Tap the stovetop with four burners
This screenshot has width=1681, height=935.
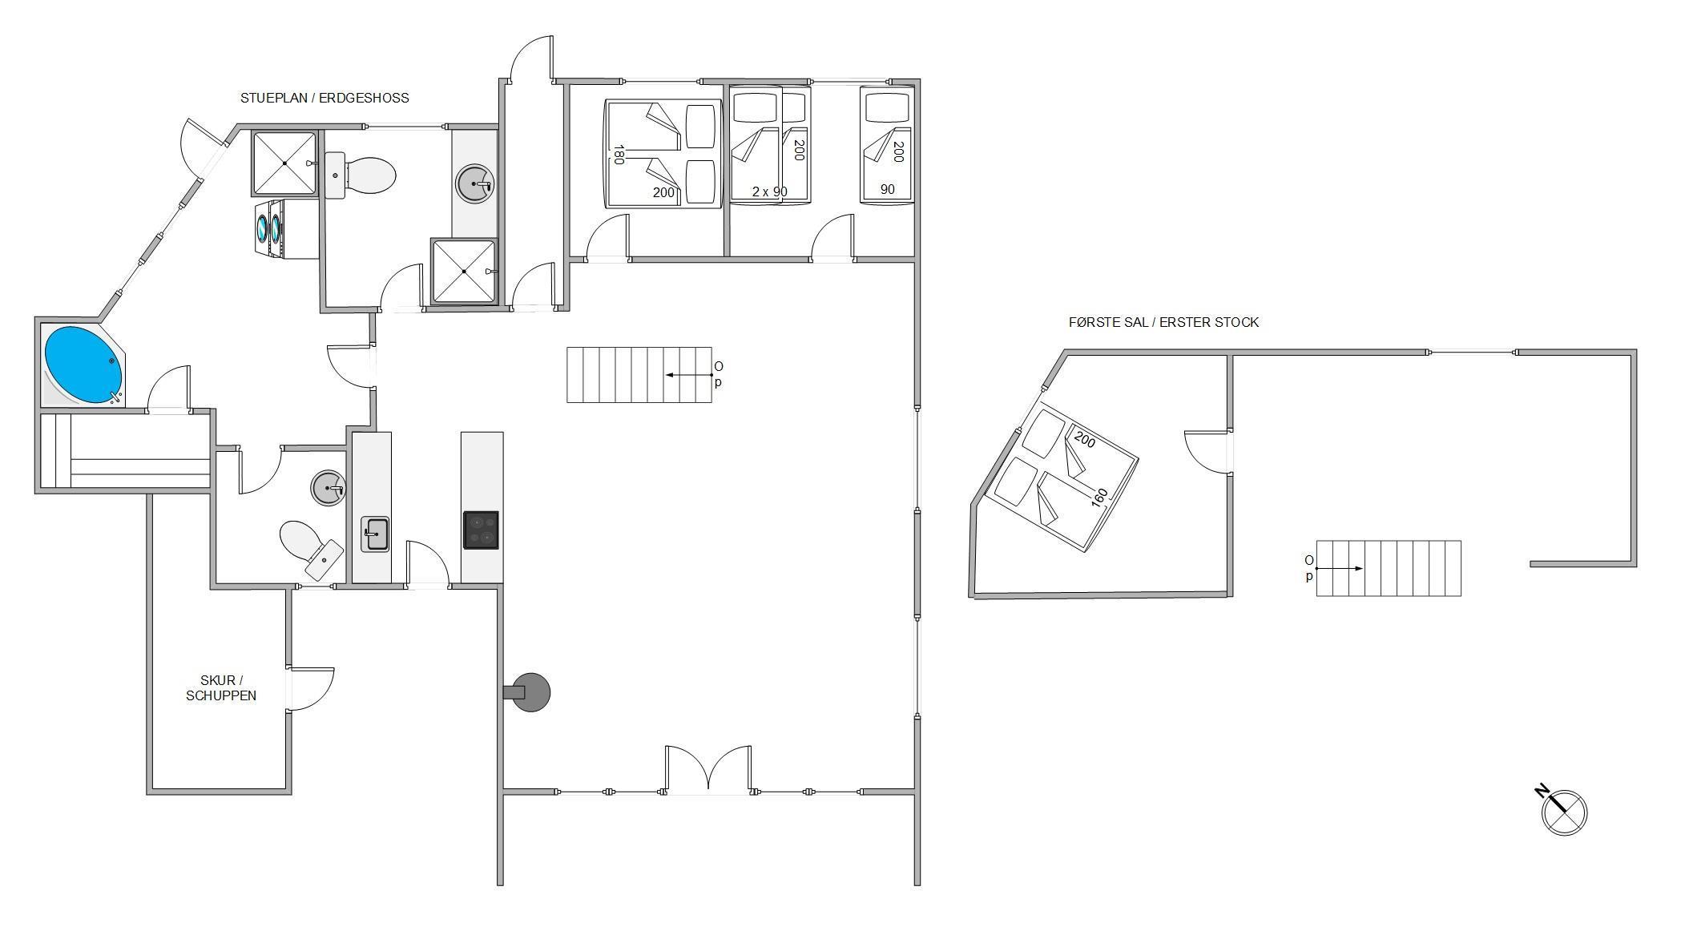coord(481,530)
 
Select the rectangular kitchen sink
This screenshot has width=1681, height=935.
coord(375,534)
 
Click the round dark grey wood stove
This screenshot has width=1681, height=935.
coord(530,692)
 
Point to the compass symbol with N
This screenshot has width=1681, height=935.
coord(1562,811)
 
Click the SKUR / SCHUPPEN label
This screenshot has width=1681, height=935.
coord(221,688)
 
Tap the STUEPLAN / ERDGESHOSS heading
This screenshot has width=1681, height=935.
coord(325,98)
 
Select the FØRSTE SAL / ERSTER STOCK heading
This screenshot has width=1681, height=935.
coord(1163,322)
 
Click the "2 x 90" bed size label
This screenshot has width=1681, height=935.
coord(769,191)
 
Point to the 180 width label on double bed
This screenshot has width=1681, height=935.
coord(618,155)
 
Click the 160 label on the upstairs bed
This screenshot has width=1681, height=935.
coord(1099,497)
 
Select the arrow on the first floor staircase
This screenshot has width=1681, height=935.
coord(1339,568)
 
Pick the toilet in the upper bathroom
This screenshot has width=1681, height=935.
coord(361,175)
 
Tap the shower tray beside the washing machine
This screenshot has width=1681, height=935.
coord(284,163)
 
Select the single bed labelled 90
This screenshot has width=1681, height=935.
coord(887,144)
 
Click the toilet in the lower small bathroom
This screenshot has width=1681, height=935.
coord(310,549)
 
